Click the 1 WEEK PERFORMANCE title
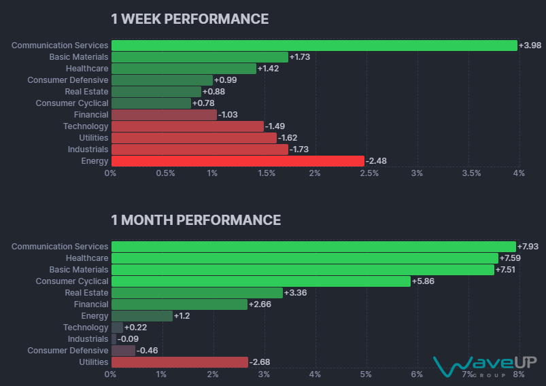tap(190, 19)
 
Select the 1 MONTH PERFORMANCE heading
tap(196, 220)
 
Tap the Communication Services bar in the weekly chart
tap(314, 46)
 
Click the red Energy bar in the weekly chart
tap(237, 161)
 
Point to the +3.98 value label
tap(530, 46)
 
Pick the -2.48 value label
tap(377, 161)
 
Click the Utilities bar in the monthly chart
tap(180, 362)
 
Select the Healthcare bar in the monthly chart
tap(304, 258)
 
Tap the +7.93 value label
tap(528, 247)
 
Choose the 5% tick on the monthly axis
tap(366, 374)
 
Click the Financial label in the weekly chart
tap(91, 115)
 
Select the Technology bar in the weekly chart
tap(187, 126)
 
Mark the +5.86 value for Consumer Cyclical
tap(424, 281)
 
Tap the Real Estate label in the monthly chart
tap(86, 293)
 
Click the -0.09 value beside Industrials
tap(129, 339)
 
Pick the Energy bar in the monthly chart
tap(141, 316)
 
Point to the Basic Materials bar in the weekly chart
tap(199, 57)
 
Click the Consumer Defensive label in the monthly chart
tap(67, 351)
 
